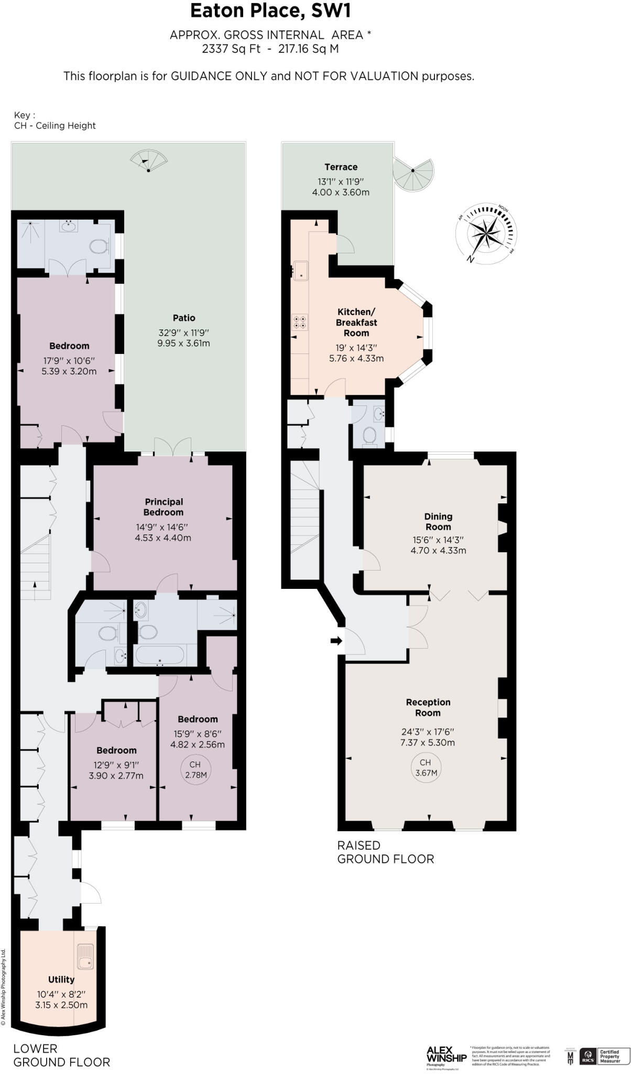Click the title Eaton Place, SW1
tap(270, 11)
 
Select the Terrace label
tap(341, 167)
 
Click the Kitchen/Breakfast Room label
tap(356, 322)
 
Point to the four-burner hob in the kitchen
tap(301, 321)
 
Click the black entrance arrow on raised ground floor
tap(336, 640)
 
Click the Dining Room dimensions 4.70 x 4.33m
tap(438, 550)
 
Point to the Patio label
tap(184, 318)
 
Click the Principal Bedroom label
tap(164, 507)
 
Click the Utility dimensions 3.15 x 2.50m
tap(61, 1005)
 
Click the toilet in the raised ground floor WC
tap(370, 436)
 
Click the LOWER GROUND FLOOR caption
tap(61, 1055)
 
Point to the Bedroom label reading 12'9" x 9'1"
tap(116, 750)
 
